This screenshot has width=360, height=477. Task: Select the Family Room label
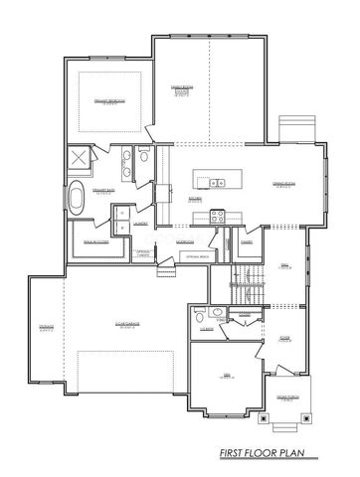(x=208, y=89)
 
